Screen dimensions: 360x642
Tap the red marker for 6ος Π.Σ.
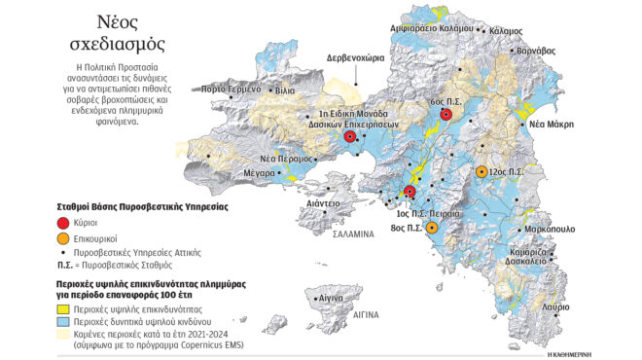pyautogui.click(x=446, y=115)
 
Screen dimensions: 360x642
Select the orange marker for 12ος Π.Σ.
pyautogui.click(x=481, y=171)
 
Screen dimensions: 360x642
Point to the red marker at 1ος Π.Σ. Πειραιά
pyautogui.click(x=410, y=193)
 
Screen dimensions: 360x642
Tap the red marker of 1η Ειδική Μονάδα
pyautogui.click(x=350, y=137)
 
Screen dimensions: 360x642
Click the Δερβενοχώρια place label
pyautogui.click(x=361, y=57)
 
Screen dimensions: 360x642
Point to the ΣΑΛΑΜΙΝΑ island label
pyautogui.click(x=359, y=234)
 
